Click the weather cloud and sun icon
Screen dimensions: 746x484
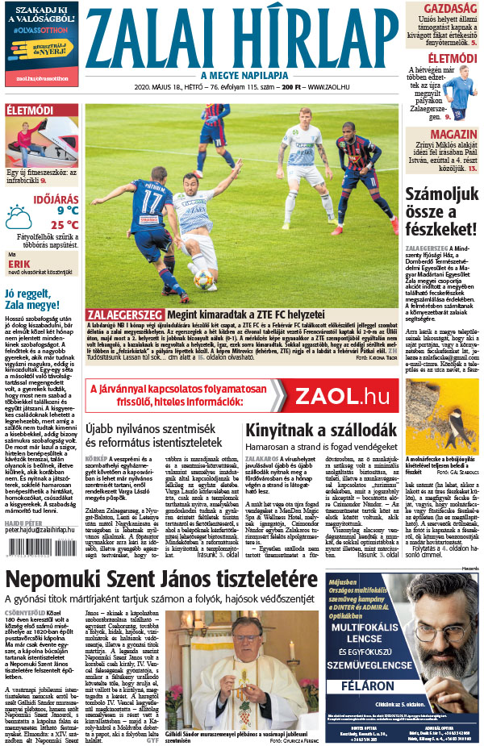pyautogui.click(x=19, y=218)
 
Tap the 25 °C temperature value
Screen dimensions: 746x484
pyautogui.click(x=62, y=225)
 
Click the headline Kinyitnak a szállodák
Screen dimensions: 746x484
pyautogui.click(x=311, y=430)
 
